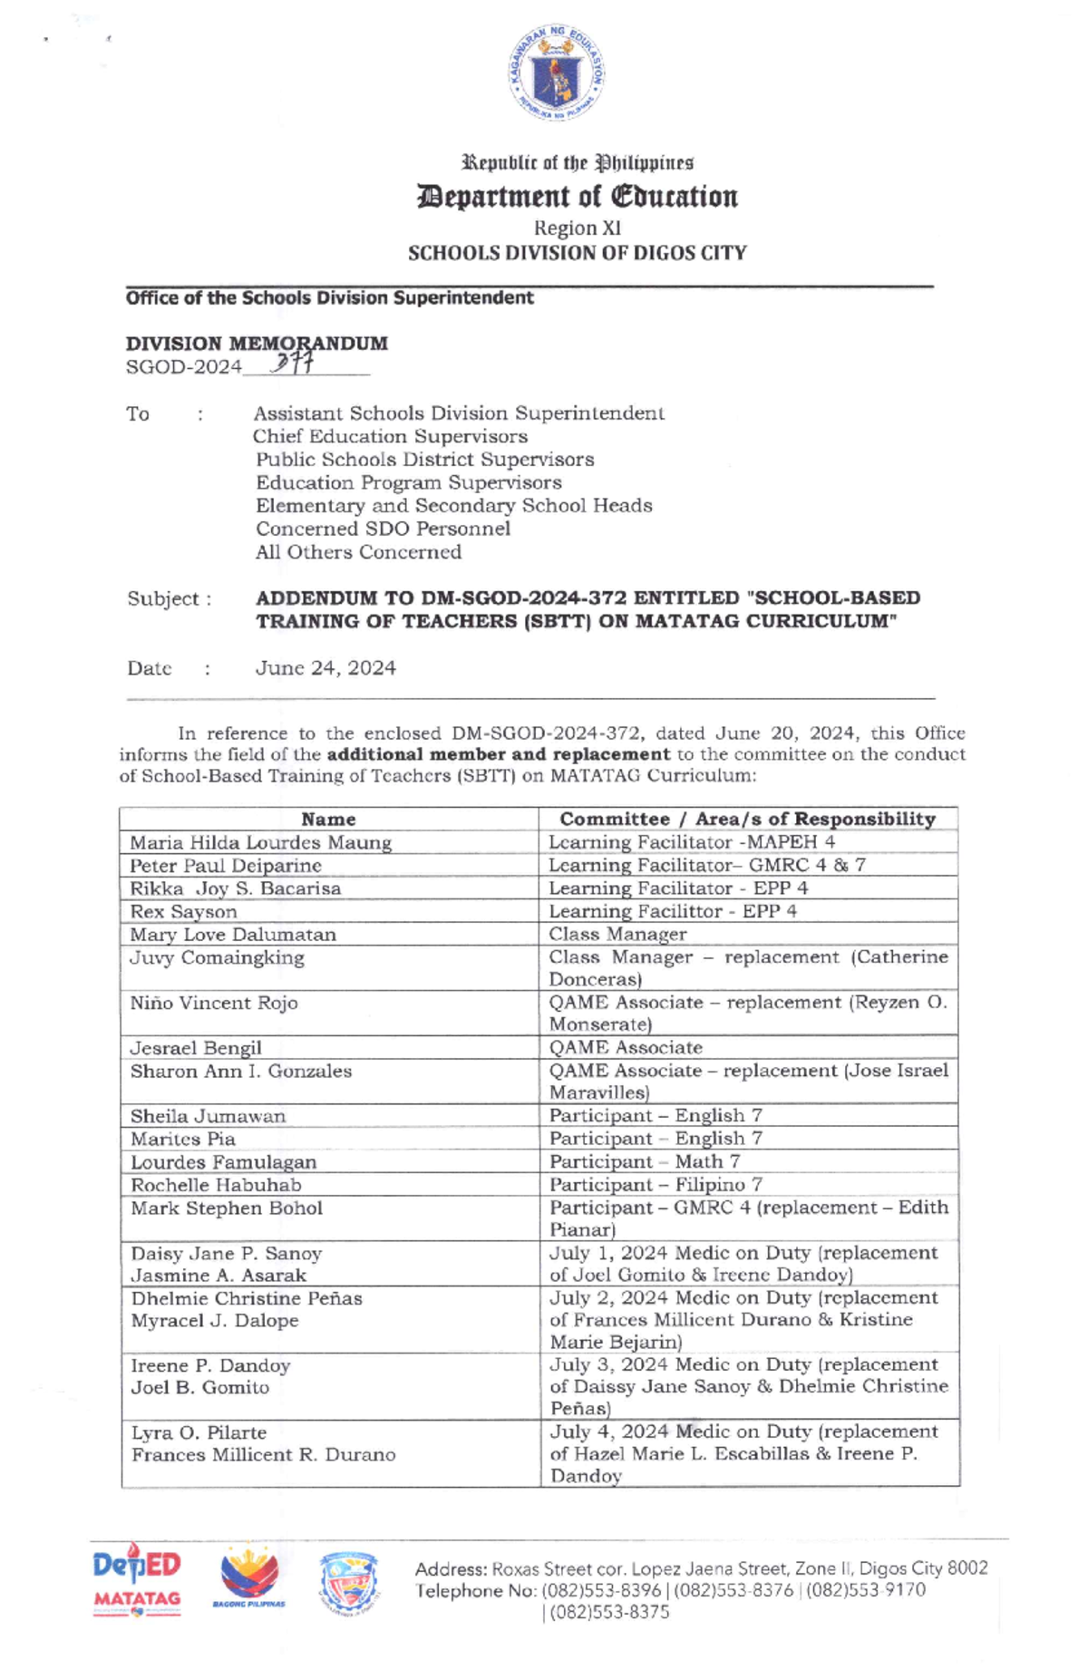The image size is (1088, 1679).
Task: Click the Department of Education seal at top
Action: pos(556,73)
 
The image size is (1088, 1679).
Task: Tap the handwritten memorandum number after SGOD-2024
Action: pos(295,363)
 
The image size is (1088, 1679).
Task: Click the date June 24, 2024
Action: pos(325,668)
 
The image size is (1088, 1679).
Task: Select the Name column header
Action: pos(328,819)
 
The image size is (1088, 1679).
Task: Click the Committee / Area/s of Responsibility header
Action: pos(747,819)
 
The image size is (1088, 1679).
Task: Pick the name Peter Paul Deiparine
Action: pos(226,866)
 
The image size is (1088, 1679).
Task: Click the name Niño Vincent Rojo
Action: pos(214,1003)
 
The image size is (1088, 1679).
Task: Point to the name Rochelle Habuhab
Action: pos(216,1185)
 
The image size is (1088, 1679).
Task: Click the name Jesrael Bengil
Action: pos(196,1048)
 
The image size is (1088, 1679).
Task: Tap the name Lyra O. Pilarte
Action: pos(199,1432)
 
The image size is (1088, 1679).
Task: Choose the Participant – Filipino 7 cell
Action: pos(656,1185)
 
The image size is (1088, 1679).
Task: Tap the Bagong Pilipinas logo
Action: pos(249,1578)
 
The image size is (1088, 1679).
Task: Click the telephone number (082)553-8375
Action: pos(605,1612)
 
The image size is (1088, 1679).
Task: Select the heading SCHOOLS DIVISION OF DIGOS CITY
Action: pos(577,253)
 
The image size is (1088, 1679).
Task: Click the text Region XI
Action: pos(577,228)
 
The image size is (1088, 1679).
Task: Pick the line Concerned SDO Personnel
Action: pos(383,529)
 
